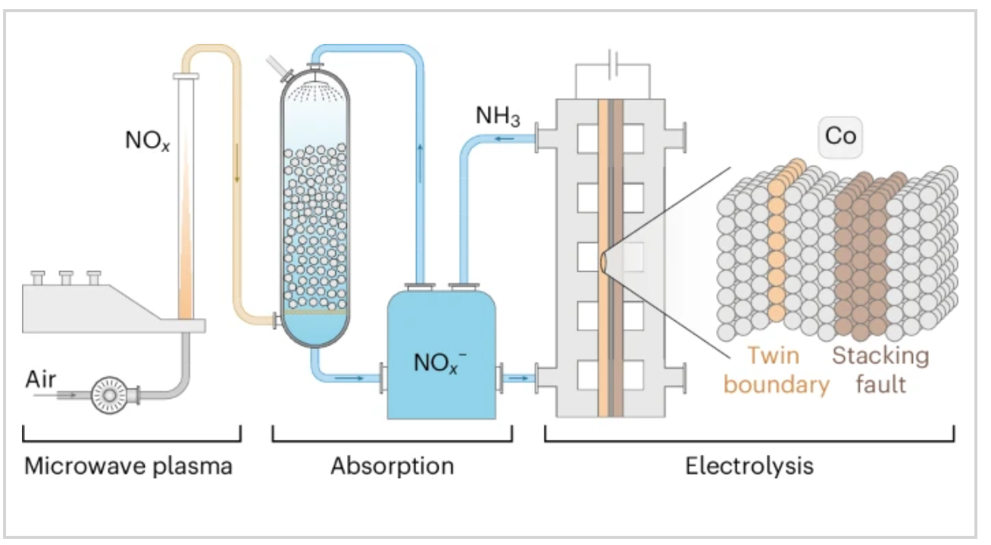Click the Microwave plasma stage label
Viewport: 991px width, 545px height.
pos(129,465)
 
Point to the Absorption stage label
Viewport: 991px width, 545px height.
pos(392,465)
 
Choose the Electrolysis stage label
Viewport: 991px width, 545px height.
pos(749,465)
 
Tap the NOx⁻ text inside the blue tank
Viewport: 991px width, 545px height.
pos(439,363)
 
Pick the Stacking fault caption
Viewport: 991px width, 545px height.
pos(880,370)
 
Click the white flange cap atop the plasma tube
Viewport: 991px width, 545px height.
pos(186,76)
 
